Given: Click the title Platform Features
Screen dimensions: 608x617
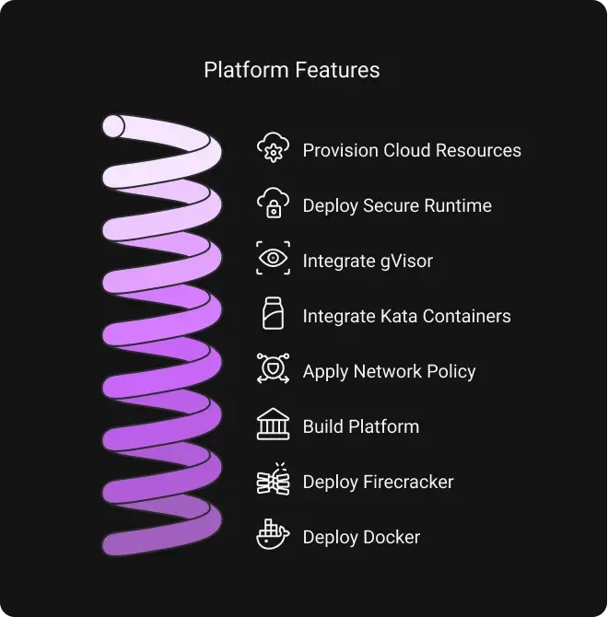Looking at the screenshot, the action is (x=292, y=70).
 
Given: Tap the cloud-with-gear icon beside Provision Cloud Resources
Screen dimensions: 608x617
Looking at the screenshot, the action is (x=273, y=147).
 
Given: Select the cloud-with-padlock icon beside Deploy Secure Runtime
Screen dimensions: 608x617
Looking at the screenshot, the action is (x=273, y=203).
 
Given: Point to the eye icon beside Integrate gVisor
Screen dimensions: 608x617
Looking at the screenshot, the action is (x=273, y=258).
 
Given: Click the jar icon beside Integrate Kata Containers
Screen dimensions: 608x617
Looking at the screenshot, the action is (x=273, y=313).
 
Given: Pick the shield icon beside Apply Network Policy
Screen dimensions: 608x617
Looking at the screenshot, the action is (x=273, y=368).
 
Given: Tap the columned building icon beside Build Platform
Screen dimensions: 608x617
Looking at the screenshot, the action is (x=273, y=424).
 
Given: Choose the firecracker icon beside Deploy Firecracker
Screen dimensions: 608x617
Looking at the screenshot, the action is (x=273, y=479).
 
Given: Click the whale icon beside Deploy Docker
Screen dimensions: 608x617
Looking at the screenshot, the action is (x=273, y=534).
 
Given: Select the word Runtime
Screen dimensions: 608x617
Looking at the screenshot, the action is (x=458, y=205).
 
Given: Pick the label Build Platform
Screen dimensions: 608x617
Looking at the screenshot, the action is (x=361, y=426).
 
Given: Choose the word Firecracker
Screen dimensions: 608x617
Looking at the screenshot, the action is (x=414, y=482).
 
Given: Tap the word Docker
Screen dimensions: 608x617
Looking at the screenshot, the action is (x=391, y=537).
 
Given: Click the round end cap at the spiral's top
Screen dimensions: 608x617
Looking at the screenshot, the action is (x=113, y=126).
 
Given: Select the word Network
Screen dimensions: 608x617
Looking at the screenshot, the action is (x=387, y=371).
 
